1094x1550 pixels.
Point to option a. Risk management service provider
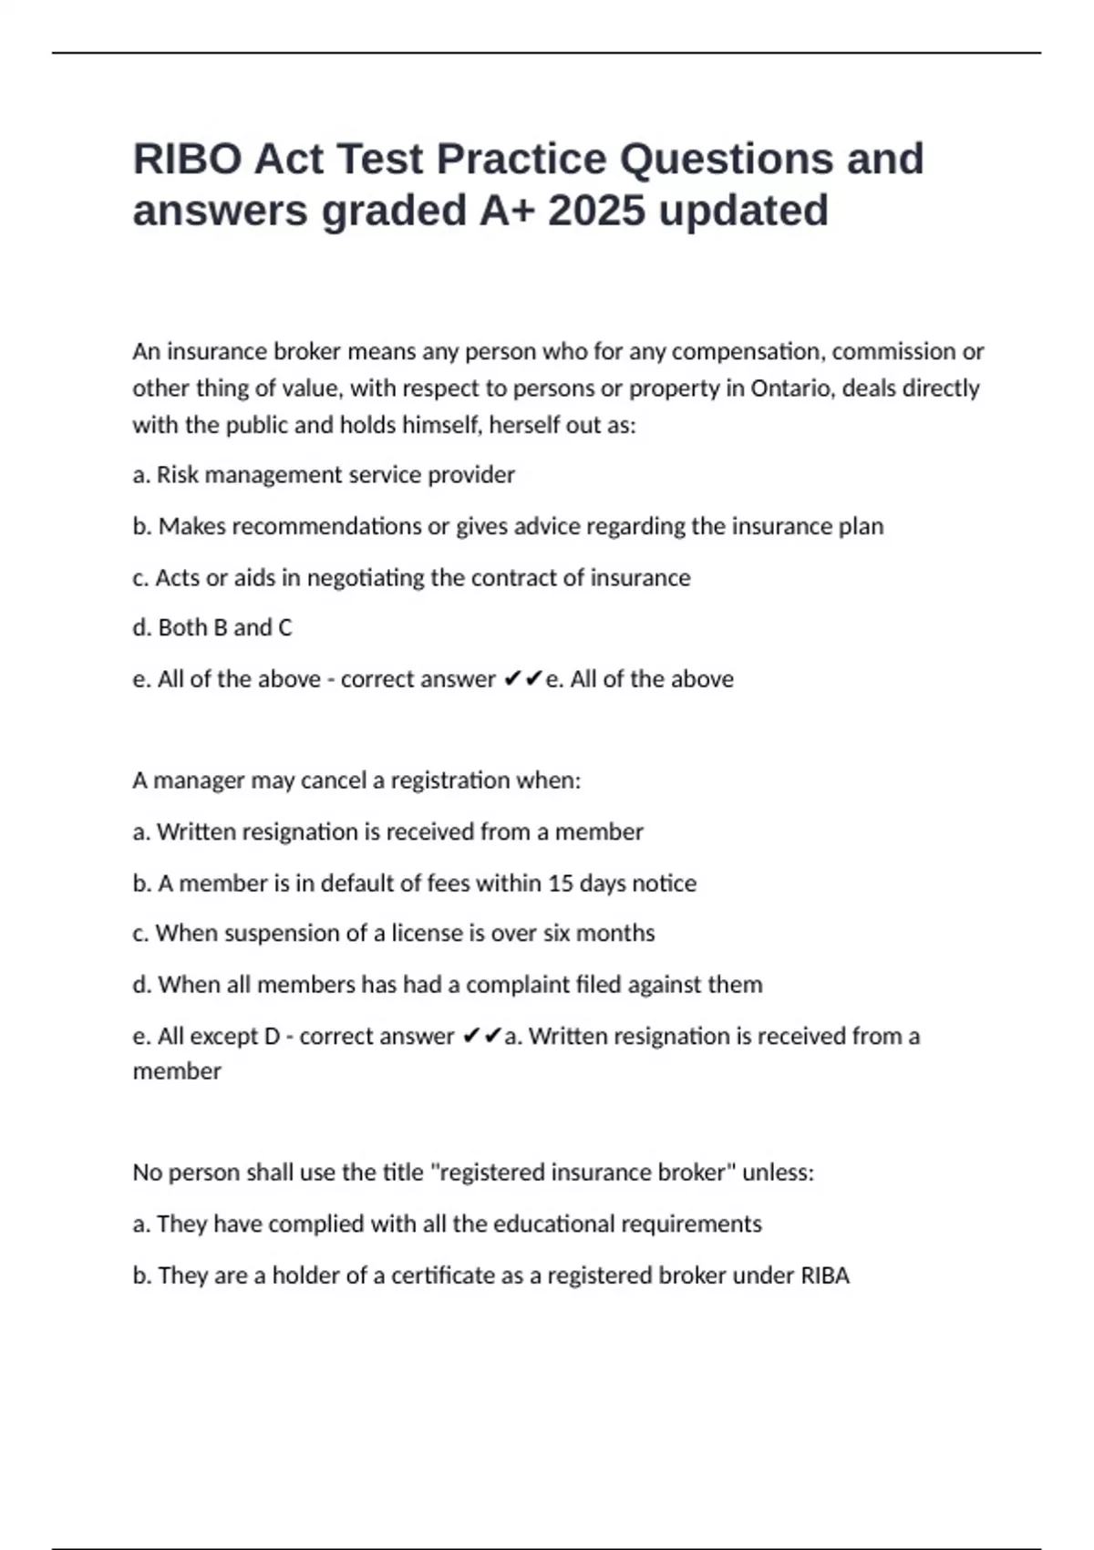pyautogui.click(x=324, y=475)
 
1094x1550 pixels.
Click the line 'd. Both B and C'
pyautogui.click(x=212, y=628)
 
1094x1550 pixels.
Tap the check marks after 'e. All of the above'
pyautogui.click(x=522, y=679)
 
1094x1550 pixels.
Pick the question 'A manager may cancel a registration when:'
pyautogui.click(x=356, y=780)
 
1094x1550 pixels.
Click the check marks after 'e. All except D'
pyautogui.click(x=481, y=1037)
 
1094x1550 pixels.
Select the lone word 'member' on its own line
pyautogui.click(x=177, y=1071)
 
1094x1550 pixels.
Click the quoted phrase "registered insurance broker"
pyautogui.click(x=583, y=1173)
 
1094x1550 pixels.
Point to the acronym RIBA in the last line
pyautogui.click(x=825, y=1276)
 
